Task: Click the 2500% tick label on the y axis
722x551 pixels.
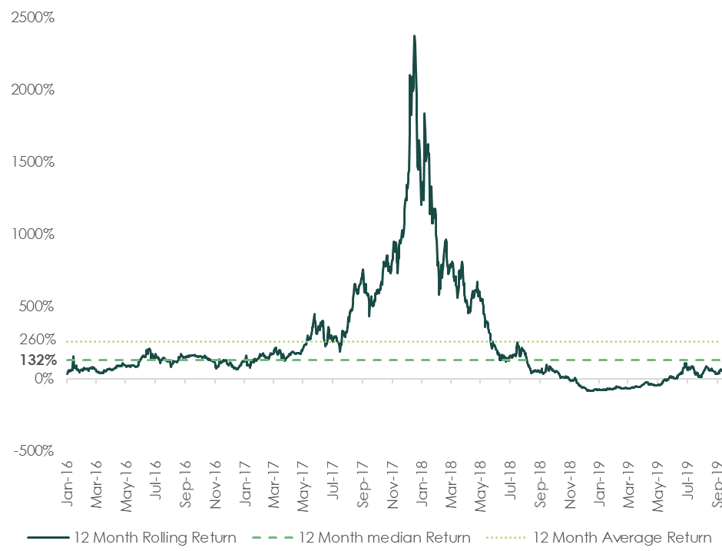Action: pyautogui.click(x=33, y=17)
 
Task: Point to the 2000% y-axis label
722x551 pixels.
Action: pyautogui.click(x=33, y=89)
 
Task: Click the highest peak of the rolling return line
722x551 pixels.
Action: pyautogui.click(x=415, y=35)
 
